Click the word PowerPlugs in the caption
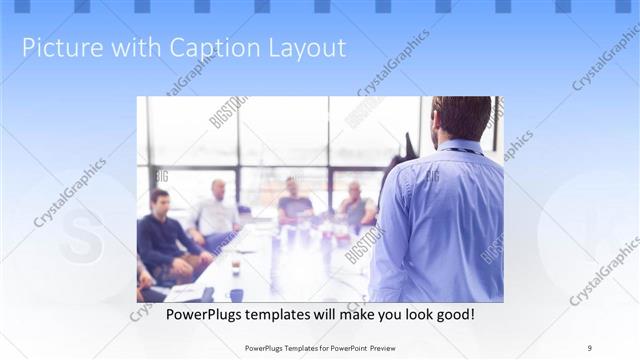(x=190, y=315)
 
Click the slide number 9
(x=590, y=347)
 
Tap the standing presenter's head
(x=462, y=118)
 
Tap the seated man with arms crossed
(x=356, y=206)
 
